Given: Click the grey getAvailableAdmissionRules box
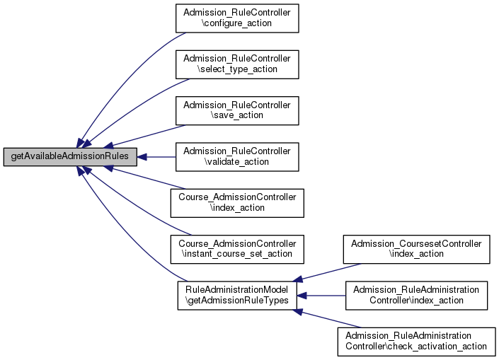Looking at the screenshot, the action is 70,156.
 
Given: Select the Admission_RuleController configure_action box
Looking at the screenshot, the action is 237,18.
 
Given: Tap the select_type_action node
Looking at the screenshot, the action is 237,64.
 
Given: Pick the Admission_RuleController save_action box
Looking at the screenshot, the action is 237,110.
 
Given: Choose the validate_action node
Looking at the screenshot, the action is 237,157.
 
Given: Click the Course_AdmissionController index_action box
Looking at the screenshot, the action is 237,203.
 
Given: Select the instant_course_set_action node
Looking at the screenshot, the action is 237,250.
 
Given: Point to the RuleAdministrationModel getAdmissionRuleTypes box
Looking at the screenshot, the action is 237,296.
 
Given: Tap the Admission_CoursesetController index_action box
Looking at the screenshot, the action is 416,250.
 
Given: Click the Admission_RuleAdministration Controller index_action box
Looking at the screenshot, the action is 416,296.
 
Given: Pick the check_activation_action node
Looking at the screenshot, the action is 416,342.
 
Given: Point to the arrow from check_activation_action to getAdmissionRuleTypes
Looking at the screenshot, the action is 327,319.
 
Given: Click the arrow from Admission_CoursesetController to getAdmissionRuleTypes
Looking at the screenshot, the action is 327,272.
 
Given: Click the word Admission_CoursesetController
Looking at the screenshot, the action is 416,244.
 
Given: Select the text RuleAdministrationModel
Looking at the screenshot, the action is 237,290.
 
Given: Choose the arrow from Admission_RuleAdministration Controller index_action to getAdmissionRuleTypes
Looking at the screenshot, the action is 321,296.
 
